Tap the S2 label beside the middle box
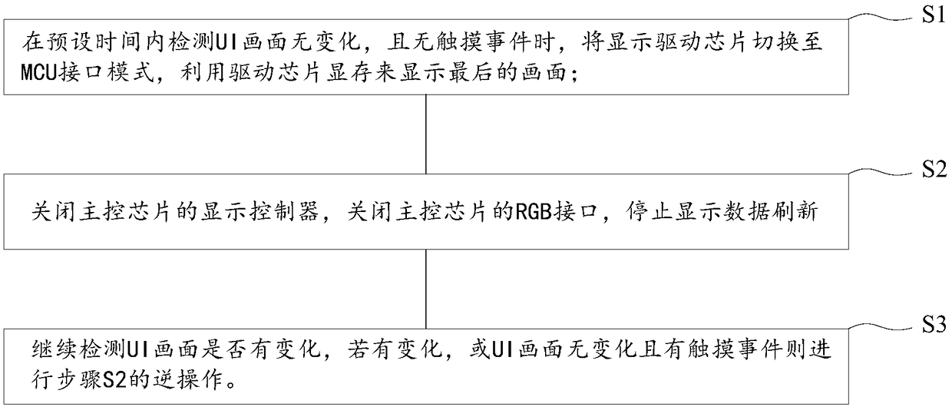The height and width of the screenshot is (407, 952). (931, 170)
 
